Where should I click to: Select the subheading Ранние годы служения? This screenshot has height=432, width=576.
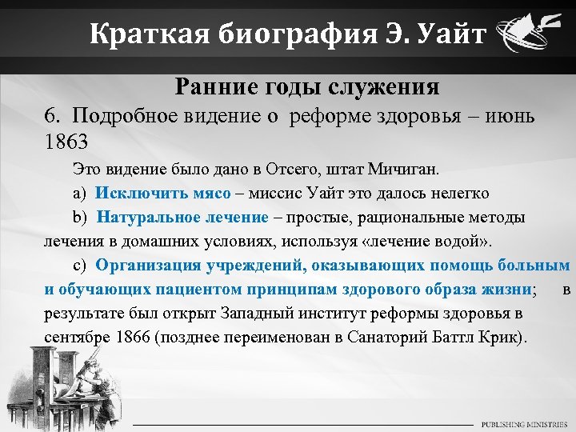pyautogui.click(x=306, y=86)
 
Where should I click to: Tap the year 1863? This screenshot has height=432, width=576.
pyautogui.click(x=66, y=141)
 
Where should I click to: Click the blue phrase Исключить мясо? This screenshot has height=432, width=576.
pyautogui.click(x=163, y=194)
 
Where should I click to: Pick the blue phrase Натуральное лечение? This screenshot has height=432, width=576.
pyautogui.click(x=183, y=218)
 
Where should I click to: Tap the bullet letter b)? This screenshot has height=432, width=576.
pyautogui.click(x=79, y=218)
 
